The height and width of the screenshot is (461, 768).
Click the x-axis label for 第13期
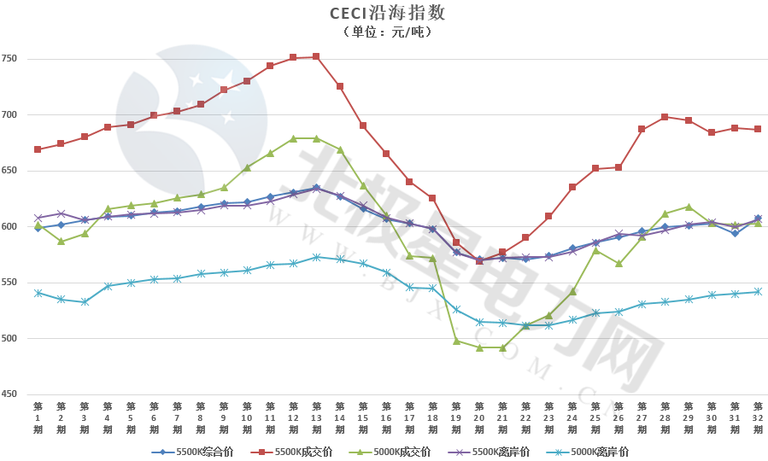point(316,417)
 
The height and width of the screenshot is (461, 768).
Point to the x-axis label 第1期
point(38,417)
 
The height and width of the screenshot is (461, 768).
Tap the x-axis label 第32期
point(757,417)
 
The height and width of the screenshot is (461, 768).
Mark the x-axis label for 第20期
point(479,417)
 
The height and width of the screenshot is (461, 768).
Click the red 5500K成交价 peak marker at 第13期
point(316,56)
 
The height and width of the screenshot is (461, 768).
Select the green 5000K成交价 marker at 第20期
point(479,347)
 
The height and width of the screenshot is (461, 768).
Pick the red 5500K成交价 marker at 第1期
point(38,149)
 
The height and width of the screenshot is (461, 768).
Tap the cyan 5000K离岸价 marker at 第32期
point(757,292)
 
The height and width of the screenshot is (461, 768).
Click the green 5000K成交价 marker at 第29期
point(688,207)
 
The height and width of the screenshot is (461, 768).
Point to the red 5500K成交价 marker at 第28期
point(665,117)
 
